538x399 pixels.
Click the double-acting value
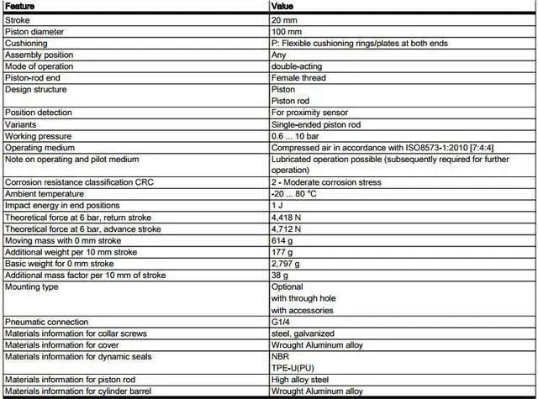coord(298,66)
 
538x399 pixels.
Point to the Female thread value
coord(298,78)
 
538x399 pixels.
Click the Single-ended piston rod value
coord(316,124)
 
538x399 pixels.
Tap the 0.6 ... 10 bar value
coord(295,136)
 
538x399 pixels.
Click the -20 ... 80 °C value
coord(297,194)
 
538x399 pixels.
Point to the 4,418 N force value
coord(287,217)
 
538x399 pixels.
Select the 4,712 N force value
coord(287,228)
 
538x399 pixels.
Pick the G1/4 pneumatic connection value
coord(282,322)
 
